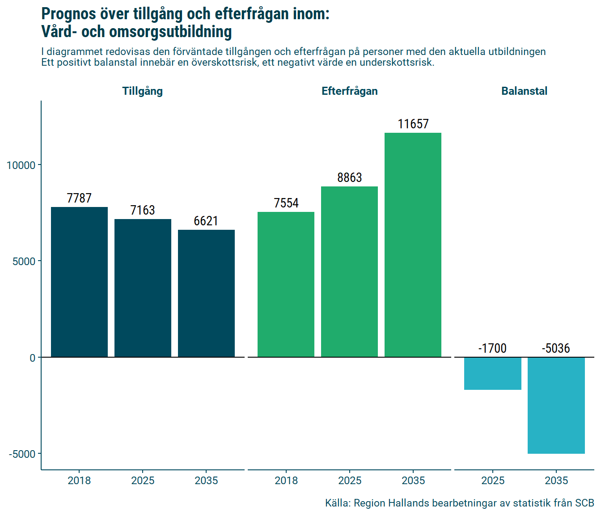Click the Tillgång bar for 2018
(79, 282)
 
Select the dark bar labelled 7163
(143, 288)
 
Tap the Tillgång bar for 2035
(206, 293)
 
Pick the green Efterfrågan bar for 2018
(286, 284)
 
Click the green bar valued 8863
(349, 272)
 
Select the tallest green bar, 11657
(413, 245)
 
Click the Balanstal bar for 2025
(492, 373)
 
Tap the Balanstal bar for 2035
(556, 405)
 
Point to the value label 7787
(79, 198)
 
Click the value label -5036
(556, 348)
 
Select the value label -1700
(492, 348)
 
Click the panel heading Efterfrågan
(349, 91)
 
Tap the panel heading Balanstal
(524, 91)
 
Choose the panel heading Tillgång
(143, 91)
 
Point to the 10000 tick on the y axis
(21, 165)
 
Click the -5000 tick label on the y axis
(22, 454)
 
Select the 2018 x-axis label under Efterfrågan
(286, 481)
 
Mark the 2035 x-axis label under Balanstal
(556, 481)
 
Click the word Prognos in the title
(68, 14)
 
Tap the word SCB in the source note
(584, 503)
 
